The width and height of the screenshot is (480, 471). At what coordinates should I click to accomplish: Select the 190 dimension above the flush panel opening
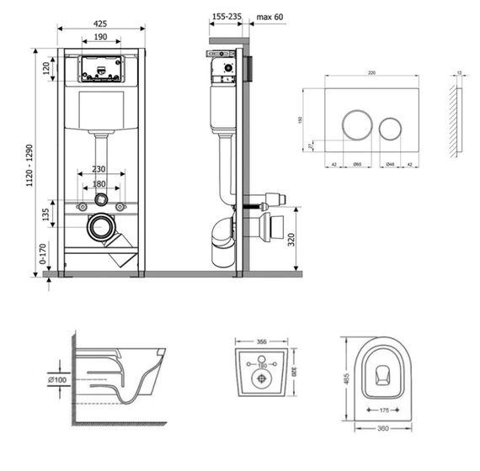pyautogui.click(x=101, y=37)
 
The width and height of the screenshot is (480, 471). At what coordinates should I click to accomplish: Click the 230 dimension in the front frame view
pyautogui.click(x=101, y=168)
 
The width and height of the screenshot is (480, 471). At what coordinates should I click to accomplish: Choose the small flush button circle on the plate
pyautogui.click(x=391, y=129)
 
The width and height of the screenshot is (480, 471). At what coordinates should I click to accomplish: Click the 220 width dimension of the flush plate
pyautogui.click(x=371, y=74)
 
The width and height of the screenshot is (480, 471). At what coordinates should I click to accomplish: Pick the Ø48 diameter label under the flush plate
pyautogui.click(x=390, y=165)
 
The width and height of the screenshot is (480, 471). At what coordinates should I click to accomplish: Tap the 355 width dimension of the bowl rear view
pyautogui.click(x=260, y=341)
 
